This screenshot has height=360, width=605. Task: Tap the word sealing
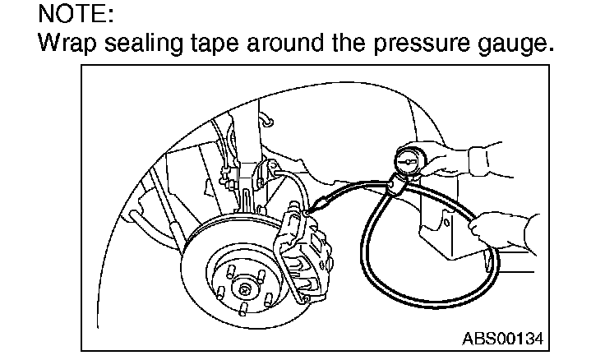(143, 43)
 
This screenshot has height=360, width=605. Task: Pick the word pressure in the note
(422, 43)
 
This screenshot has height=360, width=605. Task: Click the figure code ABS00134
(502, 338)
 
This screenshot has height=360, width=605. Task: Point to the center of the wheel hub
(245, 289)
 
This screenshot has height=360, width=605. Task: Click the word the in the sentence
(358, 43)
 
